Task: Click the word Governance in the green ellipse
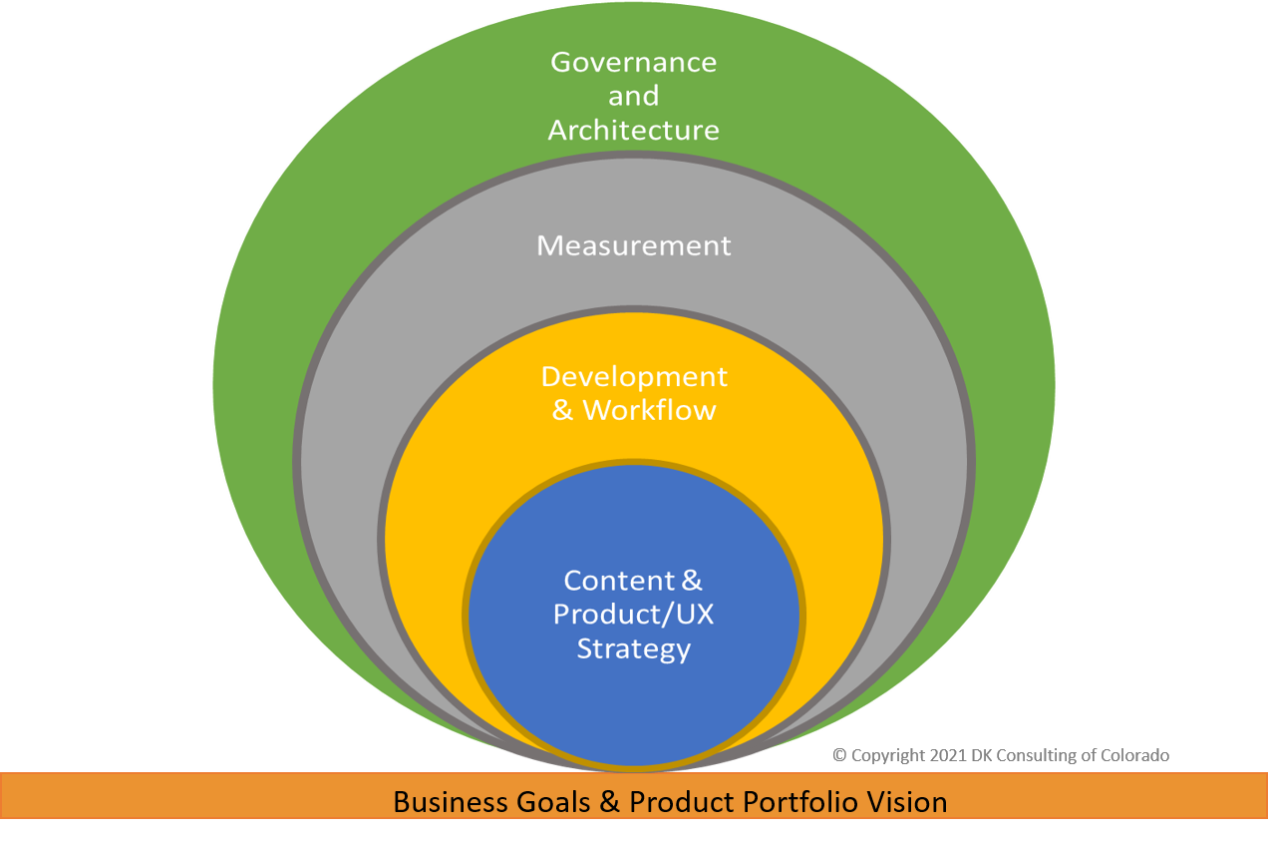pyautogui.click(x=634, y=62)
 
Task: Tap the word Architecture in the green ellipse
pyautogui.click(x=634, y=130)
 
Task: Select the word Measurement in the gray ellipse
pyautogui.click(x=634, y=245)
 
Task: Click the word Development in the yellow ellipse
pyautogui.click(x=634, y=377)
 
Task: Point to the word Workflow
pyautogui.click(x=649, y=410)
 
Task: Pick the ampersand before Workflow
pyautogui.click(x=563, y=410)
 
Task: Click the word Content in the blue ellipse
pyautogui.click(x=618, y=581)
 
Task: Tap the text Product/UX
pyautogui.click(x=634, y=615)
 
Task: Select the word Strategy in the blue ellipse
pyautogui.click(x=634, y=648)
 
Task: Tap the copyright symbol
pyautogui.click(x=839, y=756)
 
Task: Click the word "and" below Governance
pyautogui.click(x=634, y=96)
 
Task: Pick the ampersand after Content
pyautogui.click(x=691, y=581)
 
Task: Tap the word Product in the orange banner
pyautogui.click(x=678, y=801)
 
